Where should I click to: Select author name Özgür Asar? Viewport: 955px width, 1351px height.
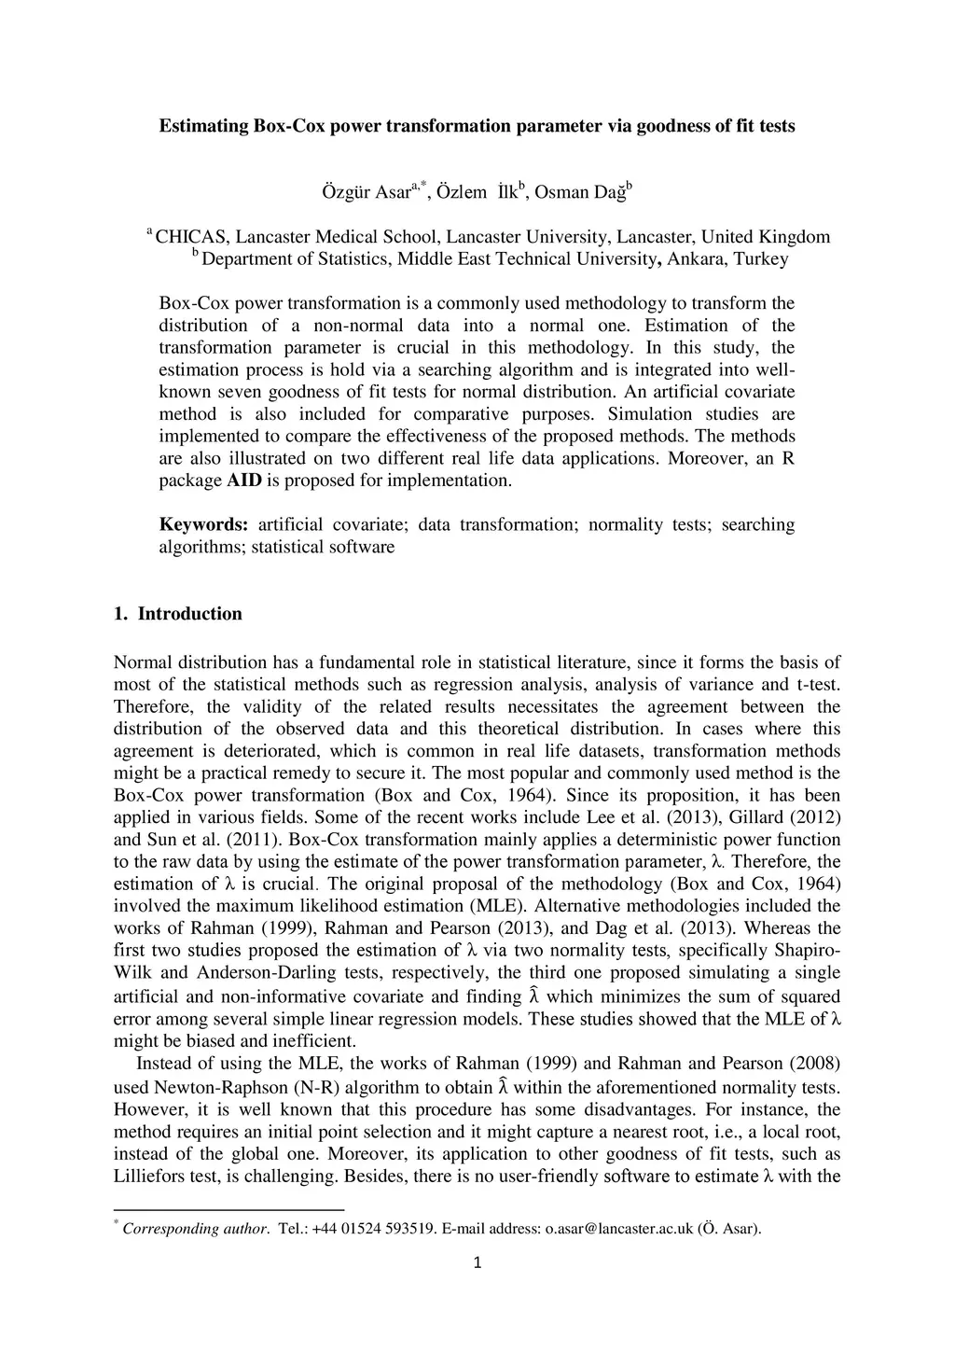click(366, 193)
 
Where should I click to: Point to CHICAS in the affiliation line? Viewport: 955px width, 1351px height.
click(186, 237)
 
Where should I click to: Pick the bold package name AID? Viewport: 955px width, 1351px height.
click(244, 481)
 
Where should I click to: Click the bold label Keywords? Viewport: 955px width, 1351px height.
click(203, 524)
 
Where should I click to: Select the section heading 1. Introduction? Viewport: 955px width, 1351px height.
click(177, 614)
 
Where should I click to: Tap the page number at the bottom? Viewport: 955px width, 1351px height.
click(477, 1264)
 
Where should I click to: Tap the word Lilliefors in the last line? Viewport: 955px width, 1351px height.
click(149, 1177)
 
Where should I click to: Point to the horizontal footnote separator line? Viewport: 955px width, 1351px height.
click(228, 1210)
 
